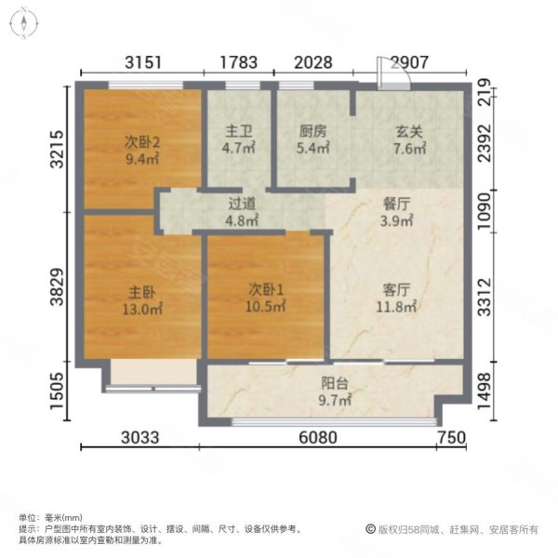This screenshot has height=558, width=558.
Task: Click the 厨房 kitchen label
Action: pyautogui.click(x=312, y=131)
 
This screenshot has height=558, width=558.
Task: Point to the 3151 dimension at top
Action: pyautogui.click(x=144, y=63)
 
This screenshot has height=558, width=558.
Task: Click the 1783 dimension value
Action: pyautogui.click(x=239, y=63)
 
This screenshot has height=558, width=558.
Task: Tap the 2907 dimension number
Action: pyautogui.click(x=409, y=63)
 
